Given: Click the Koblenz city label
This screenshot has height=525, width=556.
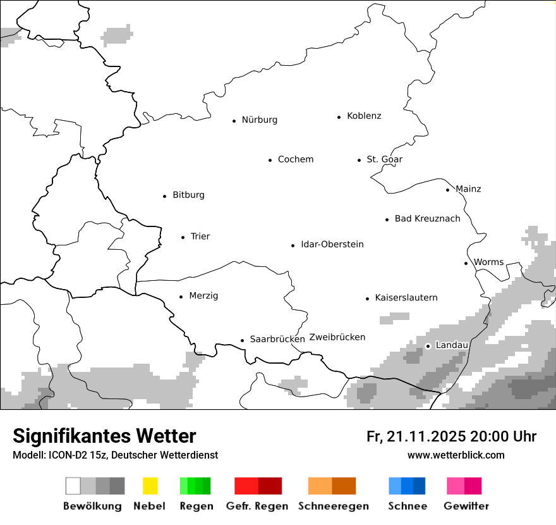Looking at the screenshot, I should pyautogui.click(x=364, y=116).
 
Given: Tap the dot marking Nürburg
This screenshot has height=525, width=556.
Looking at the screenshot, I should pyautogui.click(x=234, y=120).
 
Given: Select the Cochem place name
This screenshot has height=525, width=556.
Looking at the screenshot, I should pyautogui.click(x=296, y=159).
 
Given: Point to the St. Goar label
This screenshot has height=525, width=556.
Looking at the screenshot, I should pyautogui.click(x=384, y=159).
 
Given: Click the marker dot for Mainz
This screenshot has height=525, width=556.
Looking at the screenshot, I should pyautogui.click(x=447, y=190).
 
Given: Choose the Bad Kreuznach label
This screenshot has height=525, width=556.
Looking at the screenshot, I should pyautogui.click(x=427, y=219).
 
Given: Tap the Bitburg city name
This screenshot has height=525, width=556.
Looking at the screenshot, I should pyautogui.click(x=188, y=195).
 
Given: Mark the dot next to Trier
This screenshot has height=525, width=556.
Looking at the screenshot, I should pyautogui.click(x=183, y=237).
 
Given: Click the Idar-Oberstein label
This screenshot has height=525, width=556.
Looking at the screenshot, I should pyautogui.click(x=332, y=244).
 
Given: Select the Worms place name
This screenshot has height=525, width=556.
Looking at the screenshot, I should pyautogui.click(x=488, y=262).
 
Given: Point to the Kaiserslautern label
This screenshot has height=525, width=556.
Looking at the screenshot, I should pyautogui.click(x=406, y=297).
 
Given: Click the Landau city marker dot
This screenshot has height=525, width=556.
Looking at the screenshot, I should pyautogui.click(x=428, y=345).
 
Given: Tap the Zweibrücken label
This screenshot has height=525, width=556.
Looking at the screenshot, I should pyautogui.click(x=337, y=337).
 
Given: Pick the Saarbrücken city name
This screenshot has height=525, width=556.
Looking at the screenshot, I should pyautogui.click(x=277, y=339).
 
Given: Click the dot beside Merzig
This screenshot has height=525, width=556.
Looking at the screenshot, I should pyautogui.click(x=181, y=296).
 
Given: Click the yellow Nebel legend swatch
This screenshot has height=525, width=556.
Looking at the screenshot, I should pyautogui.click(x=150, y=486).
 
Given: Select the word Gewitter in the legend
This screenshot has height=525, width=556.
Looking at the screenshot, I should pyautogui.click(x=466, y=506).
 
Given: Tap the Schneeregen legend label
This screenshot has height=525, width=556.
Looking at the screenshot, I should pyautogui.click(x=333, y=506).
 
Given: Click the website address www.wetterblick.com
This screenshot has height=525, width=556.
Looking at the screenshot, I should pyautogui.click(x=456, y=455).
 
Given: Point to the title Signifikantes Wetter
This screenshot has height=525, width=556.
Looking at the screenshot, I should pyautogui.click(x=104, y=436).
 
